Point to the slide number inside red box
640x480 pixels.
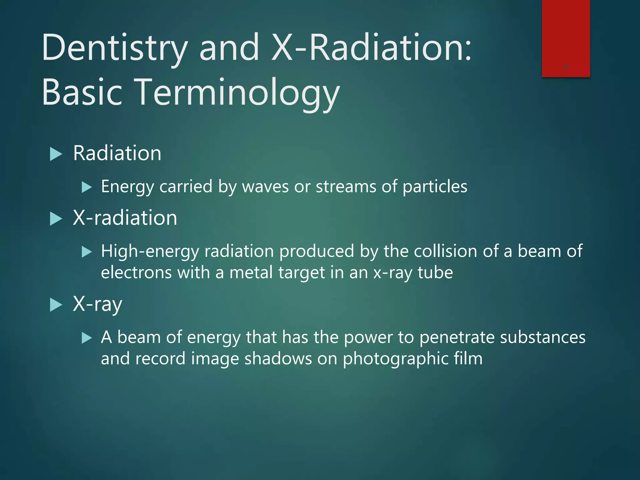point(567,67)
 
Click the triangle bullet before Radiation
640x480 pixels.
point(56,154)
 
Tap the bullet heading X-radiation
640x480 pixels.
point(125,218)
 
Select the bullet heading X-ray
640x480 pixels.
point(97,304)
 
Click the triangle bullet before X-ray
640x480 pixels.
point(56,305)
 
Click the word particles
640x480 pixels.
point(435,187)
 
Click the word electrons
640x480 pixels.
point(136,272)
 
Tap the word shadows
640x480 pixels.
point(278,359)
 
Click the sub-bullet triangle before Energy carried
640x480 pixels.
point(87,187)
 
